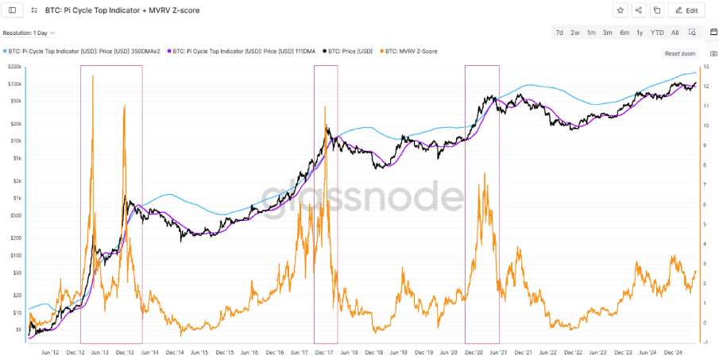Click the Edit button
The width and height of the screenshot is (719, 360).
click(686, 10)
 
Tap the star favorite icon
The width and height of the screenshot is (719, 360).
click(620, 10)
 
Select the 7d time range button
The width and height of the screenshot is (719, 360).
click(559, 33)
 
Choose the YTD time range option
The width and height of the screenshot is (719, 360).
click(657, 33)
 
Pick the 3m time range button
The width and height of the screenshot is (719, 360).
click(607, 33)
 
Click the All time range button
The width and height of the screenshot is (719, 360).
click(675, 33)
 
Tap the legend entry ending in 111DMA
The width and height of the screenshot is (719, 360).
click(243, 51)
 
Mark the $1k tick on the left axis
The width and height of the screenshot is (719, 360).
click(15, 198)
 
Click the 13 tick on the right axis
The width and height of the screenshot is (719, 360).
click(705, 67)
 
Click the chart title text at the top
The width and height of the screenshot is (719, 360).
click(117, 10)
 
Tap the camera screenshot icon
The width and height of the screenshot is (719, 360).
click(713, 53)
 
